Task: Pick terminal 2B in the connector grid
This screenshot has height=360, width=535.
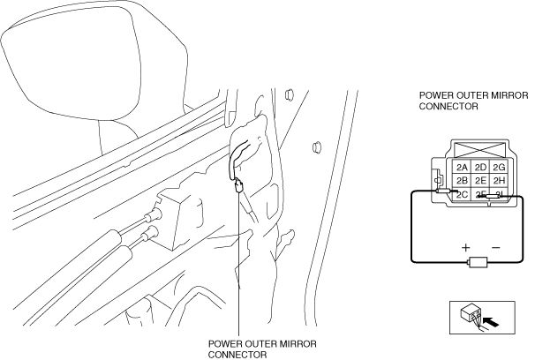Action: [461, 181]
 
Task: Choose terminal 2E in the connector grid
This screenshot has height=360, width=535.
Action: [481, 181]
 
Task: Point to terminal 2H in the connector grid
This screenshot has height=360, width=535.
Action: [501, 181]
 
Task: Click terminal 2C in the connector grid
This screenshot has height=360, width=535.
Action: [461, 194]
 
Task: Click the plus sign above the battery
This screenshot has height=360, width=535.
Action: [465, 248]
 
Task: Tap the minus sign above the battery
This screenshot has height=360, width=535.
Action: [495, 248]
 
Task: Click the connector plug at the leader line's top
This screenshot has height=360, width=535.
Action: [239, 185]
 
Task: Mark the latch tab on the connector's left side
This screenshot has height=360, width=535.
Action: [439, 183]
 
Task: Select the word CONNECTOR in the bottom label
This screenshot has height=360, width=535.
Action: [237, 355]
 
